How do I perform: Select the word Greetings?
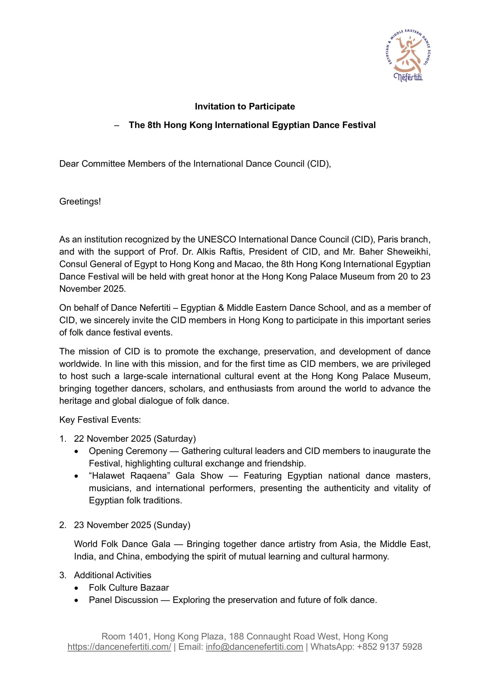pyautogui.click(x=80, y=201)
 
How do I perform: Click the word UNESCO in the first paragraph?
pyautogui.click(x=217, y=239)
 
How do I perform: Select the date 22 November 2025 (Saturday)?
pyautogui.click(x=135, y=439)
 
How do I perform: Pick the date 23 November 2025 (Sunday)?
pyautogui.click(x=132, y=525)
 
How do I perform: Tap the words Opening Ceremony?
pyautogui.click(x=128, y=451)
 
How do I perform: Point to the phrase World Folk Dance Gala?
pyautogui.click(x=122, y=544)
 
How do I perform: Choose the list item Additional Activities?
pyautogui.click(x=113, y=575)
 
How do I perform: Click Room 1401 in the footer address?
pyautogui.click(x=125, y=636)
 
